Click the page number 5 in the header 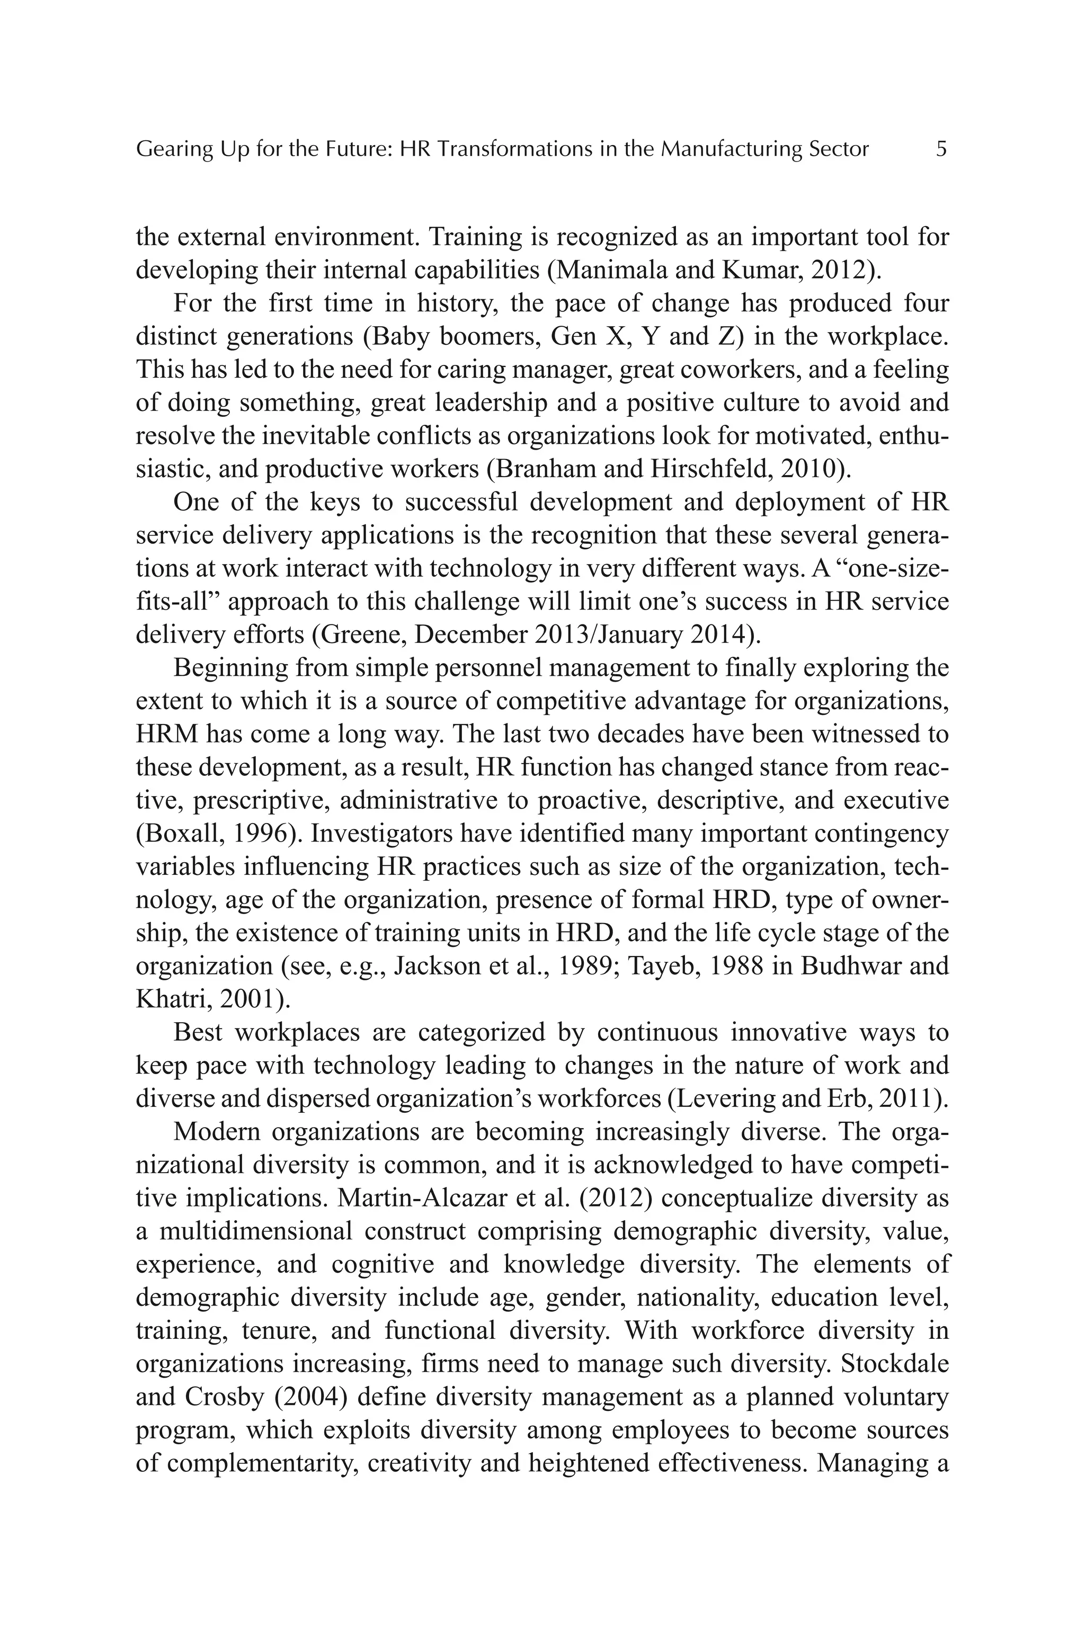(940, 149)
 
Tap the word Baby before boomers (402, 336)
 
